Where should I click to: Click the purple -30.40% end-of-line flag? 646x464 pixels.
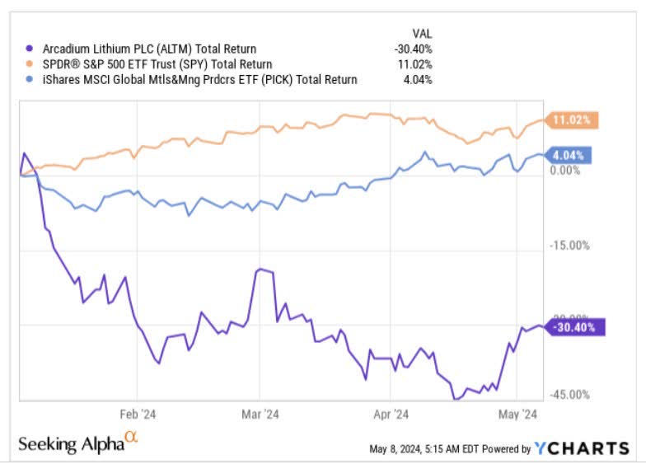576,326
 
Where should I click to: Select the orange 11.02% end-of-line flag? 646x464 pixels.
572,120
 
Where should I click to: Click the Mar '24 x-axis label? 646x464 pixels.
259,415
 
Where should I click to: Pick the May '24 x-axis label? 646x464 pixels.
518,415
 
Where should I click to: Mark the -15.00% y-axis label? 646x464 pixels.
568,245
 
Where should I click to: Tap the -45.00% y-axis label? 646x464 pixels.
568,394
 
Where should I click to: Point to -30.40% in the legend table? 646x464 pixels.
413,49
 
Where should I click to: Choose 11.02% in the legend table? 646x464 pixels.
414,64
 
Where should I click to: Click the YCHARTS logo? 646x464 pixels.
581,448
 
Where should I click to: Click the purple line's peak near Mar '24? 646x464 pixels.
260,269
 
